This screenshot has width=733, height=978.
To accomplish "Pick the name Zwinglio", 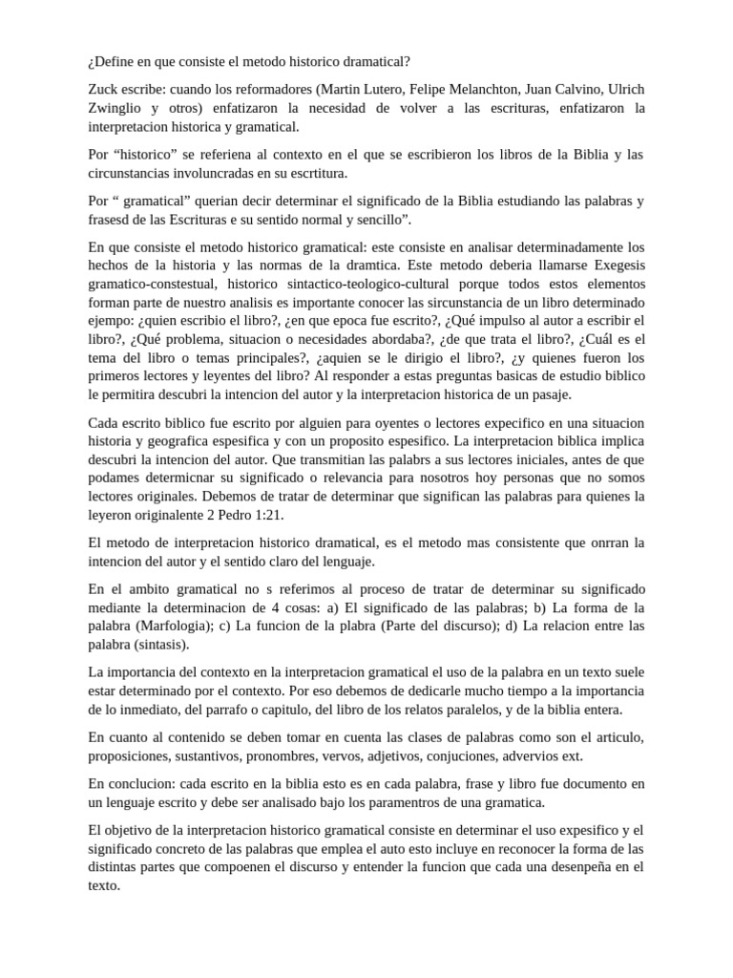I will coord(117,107).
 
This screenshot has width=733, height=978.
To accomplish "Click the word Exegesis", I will coord(612,265).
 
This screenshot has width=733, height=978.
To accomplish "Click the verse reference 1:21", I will coord(264,516).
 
